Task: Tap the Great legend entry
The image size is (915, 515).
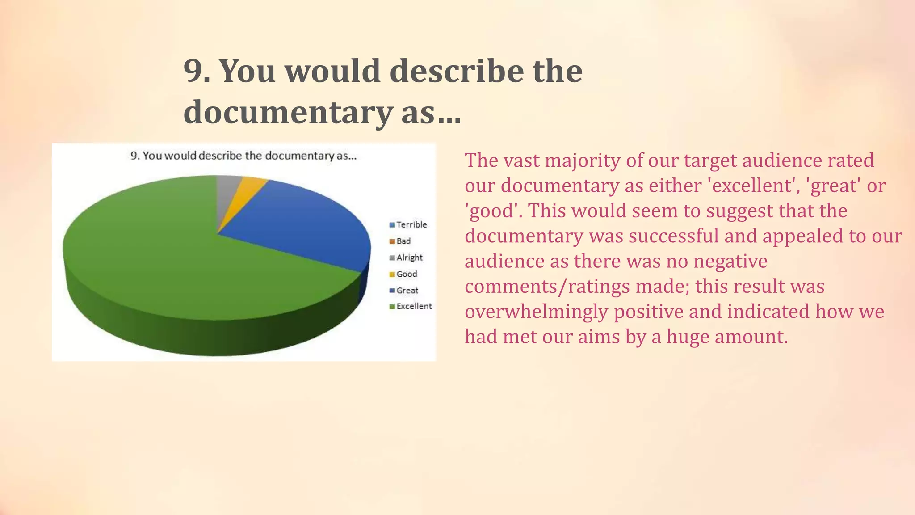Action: (x=404, y=290)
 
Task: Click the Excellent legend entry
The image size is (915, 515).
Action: (x=411, y=306)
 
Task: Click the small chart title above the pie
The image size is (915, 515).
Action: (x=243, y=156)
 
